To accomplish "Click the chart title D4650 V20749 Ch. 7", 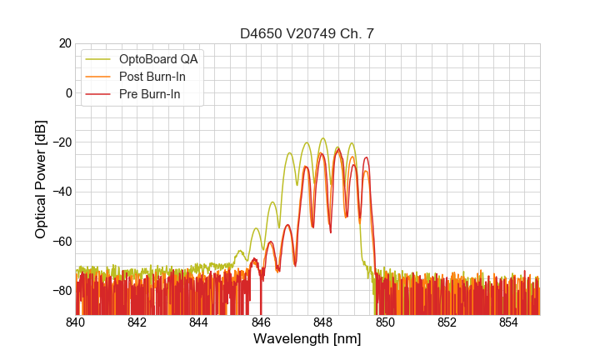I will [307, 33].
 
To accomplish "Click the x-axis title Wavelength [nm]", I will [307, 339].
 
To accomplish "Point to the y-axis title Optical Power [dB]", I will [41, 179].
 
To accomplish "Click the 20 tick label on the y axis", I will [63, 43].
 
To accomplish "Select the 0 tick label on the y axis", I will [67, 92].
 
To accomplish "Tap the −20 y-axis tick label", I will [59, 142].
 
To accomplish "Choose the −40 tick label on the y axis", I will [59, 192].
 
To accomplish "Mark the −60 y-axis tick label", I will [59, 241].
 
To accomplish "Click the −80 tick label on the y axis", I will [59, 291].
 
